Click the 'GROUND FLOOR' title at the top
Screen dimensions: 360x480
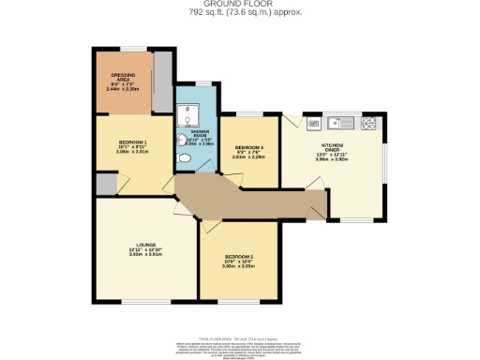click(x=239, y=5)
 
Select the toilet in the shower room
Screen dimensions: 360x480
click(x=185, y=158)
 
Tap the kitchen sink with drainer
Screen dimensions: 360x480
click(x=341, y=123)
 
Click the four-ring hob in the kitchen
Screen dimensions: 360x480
click(x=368, y=123)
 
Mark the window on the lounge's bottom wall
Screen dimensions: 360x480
click(x=142, y=302)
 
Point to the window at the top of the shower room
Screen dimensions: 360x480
click(x=197, y=83)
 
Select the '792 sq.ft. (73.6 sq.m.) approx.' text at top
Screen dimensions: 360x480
click(x=239, y=14)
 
